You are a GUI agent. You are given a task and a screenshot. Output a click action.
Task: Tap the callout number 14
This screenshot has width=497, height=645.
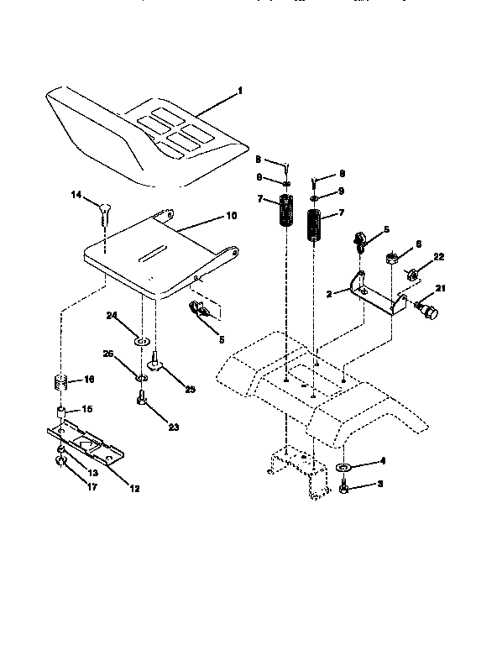click(76, 195)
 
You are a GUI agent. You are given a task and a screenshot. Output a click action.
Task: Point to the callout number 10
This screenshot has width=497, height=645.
click(232, 216)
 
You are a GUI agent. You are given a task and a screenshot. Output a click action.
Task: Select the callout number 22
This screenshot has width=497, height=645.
click(438, 256)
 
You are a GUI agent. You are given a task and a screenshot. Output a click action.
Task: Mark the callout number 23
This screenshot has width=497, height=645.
click(173, 427)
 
